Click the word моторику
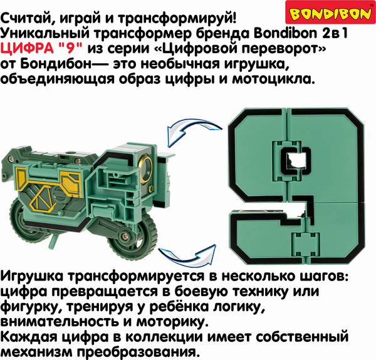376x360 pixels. (170, 323)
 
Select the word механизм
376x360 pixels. (32, 352)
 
